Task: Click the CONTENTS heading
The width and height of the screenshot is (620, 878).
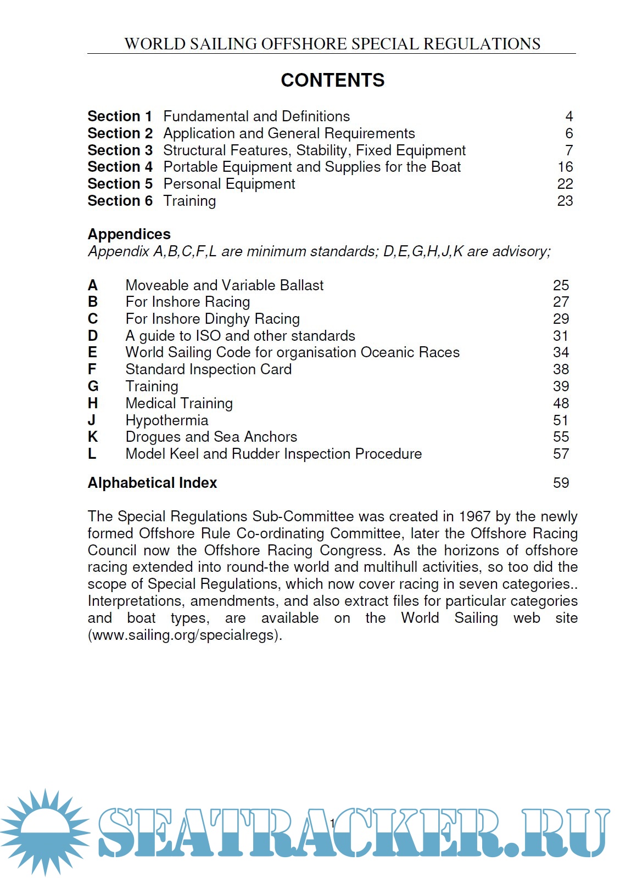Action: pyautogui.click(x=332, y=80)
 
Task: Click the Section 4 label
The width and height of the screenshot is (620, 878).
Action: pyautogui.click(x=120, y=167)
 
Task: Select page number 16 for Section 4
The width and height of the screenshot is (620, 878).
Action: pyautogui.click(x=565, y=167)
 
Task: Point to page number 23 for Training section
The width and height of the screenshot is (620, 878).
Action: pyautogui.click(x=565, y=201)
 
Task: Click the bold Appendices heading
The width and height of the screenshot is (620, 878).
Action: pyautogui.click(x=129, y=234)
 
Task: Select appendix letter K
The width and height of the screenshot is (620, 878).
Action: pyautogui.click(x=93, y=437)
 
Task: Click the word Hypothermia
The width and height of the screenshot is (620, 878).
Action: pyautogui.click(x=167, y=420)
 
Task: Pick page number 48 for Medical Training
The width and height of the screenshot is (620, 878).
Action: pyautogui.click(x=561, y=403)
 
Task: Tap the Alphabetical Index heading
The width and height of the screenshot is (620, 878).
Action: pyautogui.click(x=152, y=483)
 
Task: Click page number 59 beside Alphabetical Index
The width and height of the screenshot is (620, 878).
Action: pyautogui.click(x=561, y=483)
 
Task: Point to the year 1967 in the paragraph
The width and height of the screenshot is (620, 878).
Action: pyautogui.click(x=474, y=516)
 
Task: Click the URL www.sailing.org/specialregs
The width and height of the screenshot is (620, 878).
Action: pyautogui.click(x=185, y=635)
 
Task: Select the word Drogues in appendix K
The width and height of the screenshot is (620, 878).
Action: pyautogui.click(x=153, y=437)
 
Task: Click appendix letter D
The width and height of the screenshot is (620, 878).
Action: pyautogui.click(x=93, y=336)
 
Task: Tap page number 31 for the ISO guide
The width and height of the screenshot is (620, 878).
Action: pyautogui.click(x=561, y=336)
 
